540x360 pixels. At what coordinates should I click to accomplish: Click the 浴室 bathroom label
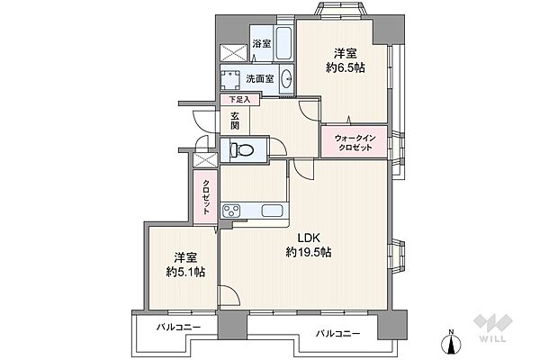point(261,44)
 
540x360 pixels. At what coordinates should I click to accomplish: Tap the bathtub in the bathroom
point(284,44)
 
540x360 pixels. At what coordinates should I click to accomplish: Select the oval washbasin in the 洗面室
point(286,79)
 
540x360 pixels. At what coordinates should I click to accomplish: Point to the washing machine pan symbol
point(231,80)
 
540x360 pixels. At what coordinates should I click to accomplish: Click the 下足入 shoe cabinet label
point(239,100)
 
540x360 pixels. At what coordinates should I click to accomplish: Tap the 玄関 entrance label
point(235,121)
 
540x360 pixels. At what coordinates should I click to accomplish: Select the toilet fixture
point(241,150)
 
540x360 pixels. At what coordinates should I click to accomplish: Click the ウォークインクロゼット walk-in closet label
point(355,143)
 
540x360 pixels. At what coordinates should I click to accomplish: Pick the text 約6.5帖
point(346,67)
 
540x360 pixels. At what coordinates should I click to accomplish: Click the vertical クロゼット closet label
point(205,197)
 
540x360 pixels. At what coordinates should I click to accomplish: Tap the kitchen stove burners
point(232,211)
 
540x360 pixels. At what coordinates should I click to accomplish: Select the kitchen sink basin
point(273,211)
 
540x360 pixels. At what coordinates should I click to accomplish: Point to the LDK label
point(309,238)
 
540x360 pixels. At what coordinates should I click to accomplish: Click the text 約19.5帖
point(309,253)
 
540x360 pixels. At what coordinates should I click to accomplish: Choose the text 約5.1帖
point(185,272)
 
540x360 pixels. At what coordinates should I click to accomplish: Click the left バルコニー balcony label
point(178,327)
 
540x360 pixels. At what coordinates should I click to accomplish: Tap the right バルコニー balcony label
point(338,334)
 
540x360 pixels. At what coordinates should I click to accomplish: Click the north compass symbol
point(451,341)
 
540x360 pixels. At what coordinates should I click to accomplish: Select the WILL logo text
point(493,338)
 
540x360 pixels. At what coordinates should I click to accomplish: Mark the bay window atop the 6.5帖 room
point(339,8)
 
